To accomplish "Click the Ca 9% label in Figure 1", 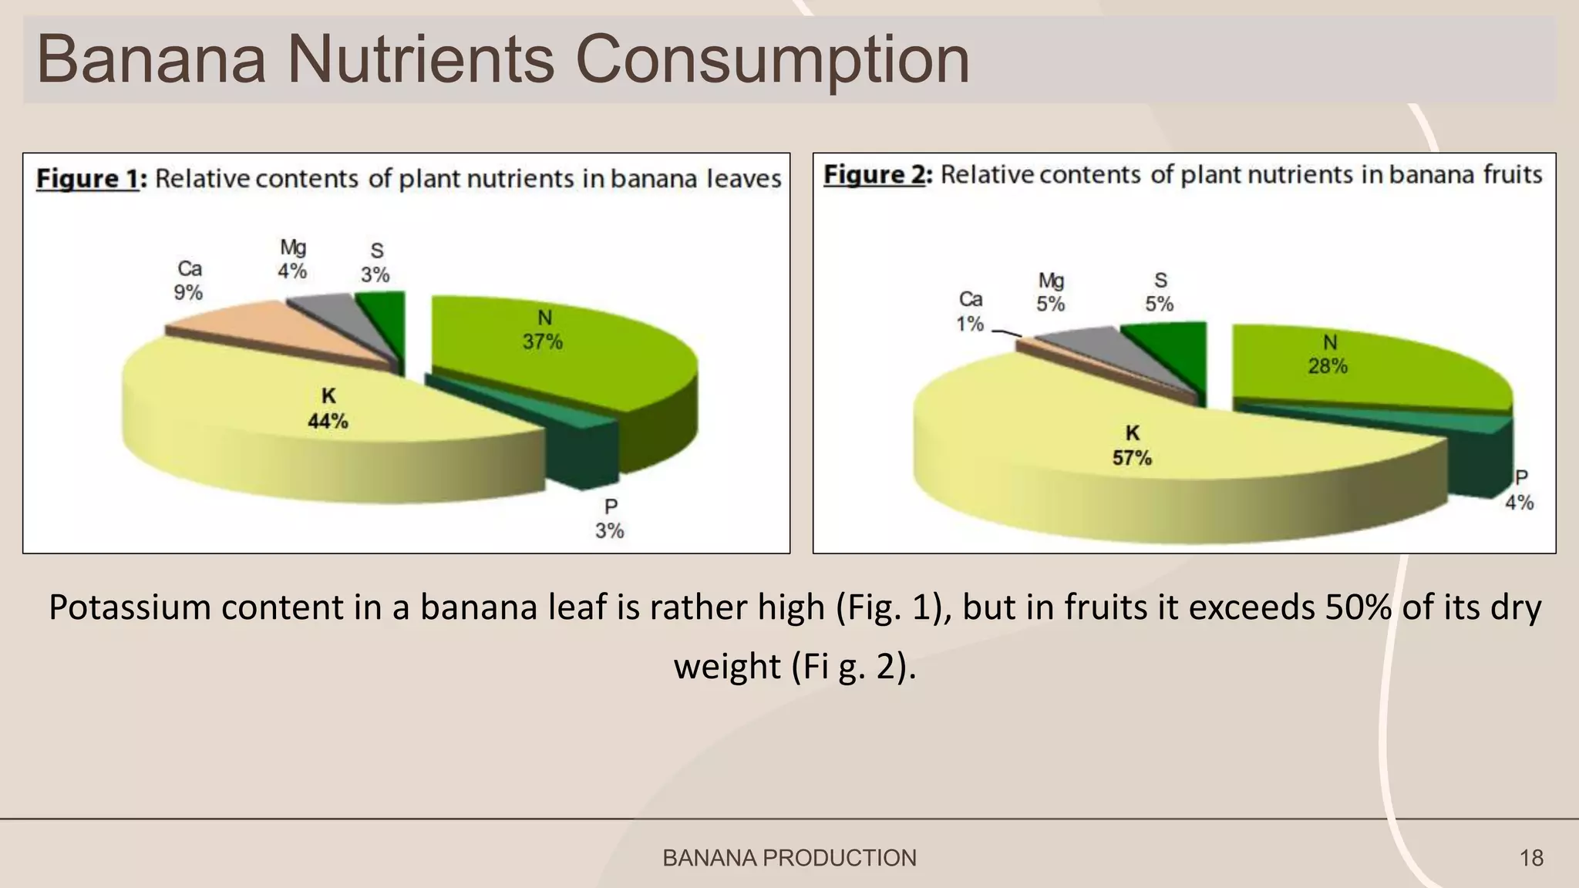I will pos(189,281).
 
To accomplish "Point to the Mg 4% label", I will pos(293,260).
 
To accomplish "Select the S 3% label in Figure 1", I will pos(375,263).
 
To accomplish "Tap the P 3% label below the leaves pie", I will pos(609,519).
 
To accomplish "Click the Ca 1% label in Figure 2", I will pos(970,311).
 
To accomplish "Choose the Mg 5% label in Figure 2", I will pos(1051,292).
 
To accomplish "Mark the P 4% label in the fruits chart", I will pos(1520,490).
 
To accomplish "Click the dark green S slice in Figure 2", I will pos(1172,347).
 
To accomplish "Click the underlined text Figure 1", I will pos(87,179).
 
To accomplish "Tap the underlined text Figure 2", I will pos(874,175).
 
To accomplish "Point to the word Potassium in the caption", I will pos(130,607).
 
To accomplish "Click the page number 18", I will pos(1531,858).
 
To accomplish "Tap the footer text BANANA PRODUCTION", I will pos(789,858).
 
